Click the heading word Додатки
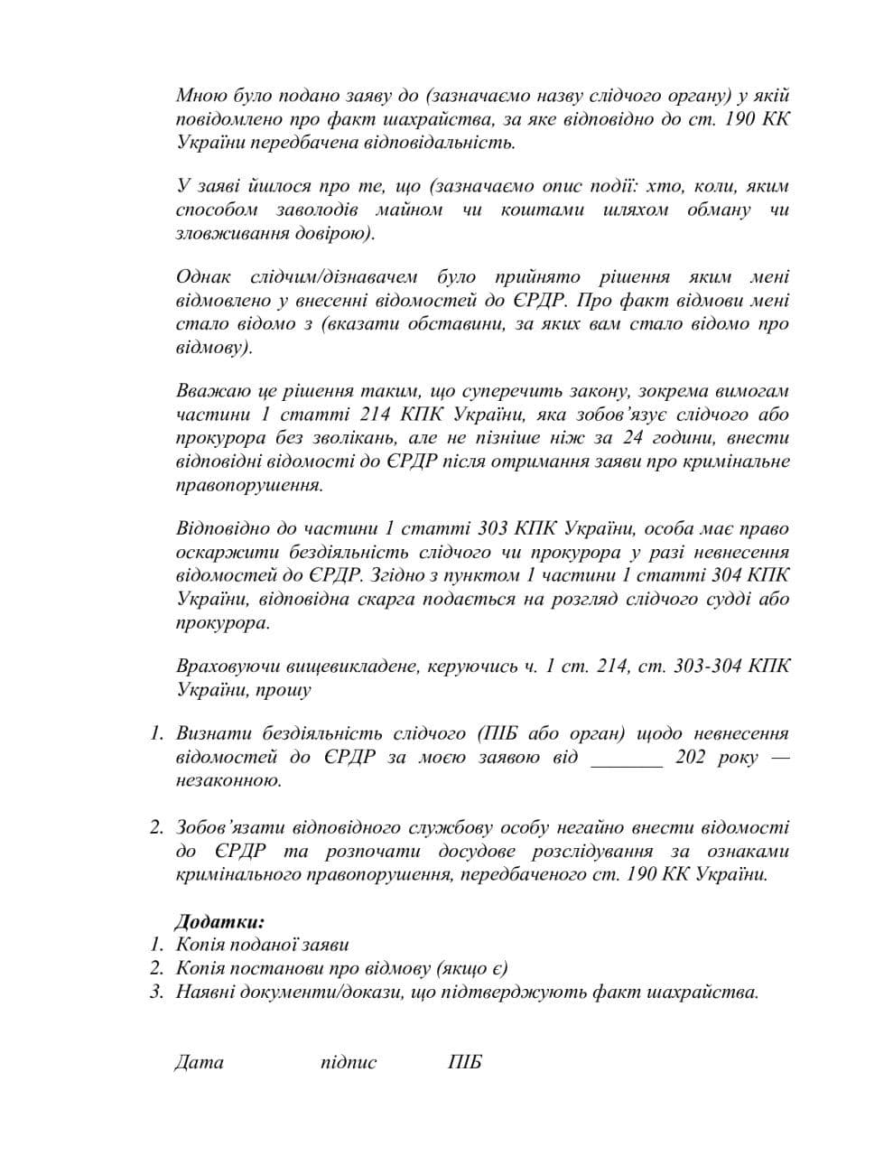(219, 922)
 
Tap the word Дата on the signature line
(199, 1062)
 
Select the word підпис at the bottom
(349, 1062)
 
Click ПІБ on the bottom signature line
(465, 1062)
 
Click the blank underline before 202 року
(626, 759)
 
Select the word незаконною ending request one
(228, 781)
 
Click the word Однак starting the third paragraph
(204, 277)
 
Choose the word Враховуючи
(219, 667)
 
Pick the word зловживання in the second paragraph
(226, 233)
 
